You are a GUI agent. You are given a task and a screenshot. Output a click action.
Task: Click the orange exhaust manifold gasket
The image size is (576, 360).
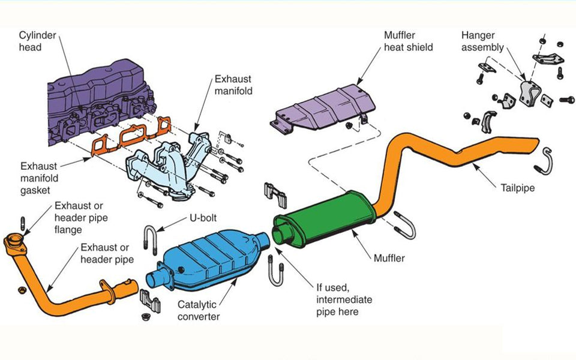point(129,138)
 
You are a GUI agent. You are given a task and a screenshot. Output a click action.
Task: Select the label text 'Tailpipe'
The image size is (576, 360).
point(517,187)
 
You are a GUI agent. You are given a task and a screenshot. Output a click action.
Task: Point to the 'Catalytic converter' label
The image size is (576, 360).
point(198,310)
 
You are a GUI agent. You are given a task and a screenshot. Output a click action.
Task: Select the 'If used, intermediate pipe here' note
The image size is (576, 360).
point(344,299)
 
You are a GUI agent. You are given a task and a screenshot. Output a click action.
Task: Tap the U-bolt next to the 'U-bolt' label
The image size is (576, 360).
point(151,240)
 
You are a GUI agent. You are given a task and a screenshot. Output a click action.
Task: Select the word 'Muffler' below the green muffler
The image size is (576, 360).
point(389,259)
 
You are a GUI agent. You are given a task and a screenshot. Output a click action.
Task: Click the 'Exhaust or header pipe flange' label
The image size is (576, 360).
point(82,217)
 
